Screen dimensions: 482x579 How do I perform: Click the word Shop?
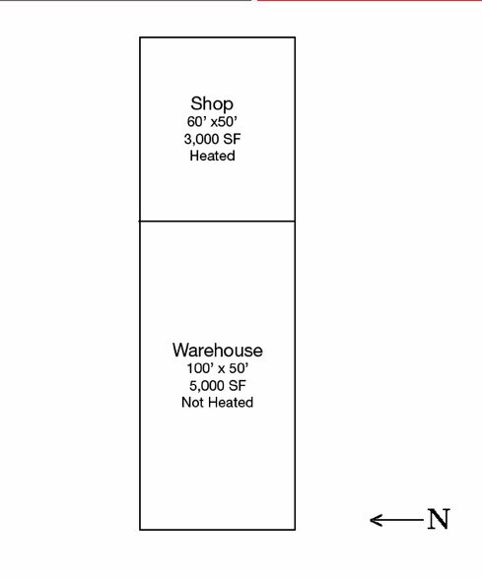point(212,103)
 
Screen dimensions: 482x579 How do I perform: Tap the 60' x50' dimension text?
point(212,121)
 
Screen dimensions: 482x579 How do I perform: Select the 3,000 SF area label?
point(212,139)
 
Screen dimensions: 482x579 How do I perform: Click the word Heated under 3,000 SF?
point(212,156)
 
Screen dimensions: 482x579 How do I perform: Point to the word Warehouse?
point(217,351)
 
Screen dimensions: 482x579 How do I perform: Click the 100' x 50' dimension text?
point(217,368)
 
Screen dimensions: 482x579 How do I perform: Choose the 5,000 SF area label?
point(217,386)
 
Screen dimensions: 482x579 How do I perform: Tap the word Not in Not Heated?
point(192,402)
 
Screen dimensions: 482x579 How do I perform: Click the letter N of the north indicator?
point(439,519)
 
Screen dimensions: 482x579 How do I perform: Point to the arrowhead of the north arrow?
point(371,520)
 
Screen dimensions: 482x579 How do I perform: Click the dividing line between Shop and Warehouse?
point(217,222)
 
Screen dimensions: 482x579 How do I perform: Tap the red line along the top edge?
point(370,0)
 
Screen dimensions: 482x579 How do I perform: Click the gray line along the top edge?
point(126,0)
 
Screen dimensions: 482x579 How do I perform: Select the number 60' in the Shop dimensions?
point(196,121)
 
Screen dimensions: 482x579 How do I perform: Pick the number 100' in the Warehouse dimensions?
point(199,368)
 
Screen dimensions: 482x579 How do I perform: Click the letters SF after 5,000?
point(238,386)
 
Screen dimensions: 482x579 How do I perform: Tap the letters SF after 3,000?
point(233,139)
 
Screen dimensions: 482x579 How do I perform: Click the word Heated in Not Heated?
point(231,402)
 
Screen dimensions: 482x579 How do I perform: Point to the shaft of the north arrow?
point(397,520)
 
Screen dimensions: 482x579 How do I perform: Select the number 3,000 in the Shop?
point(201,140)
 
